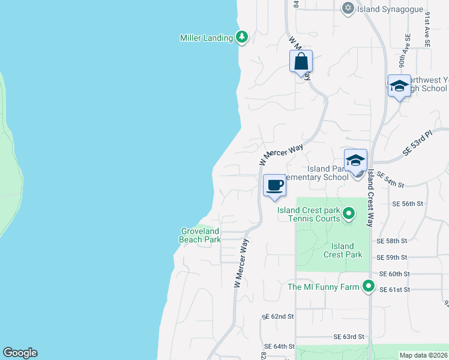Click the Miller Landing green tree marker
(242, 38)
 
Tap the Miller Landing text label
(206, 38)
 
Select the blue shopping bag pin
(301, 62)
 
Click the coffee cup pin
(275, 185)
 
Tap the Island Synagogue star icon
(348, 8)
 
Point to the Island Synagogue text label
(377, 8)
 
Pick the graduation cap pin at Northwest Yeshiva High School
(399, 86)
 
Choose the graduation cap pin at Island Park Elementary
(355, 161)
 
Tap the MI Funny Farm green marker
(369, 287)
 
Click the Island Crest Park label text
(343, 250)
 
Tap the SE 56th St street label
(408, 204)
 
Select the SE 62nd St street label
(279, 316)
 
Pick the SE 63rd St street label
(349, 337)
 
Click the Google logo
(20, 353)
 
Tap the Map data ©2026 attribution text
(423, 355)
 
